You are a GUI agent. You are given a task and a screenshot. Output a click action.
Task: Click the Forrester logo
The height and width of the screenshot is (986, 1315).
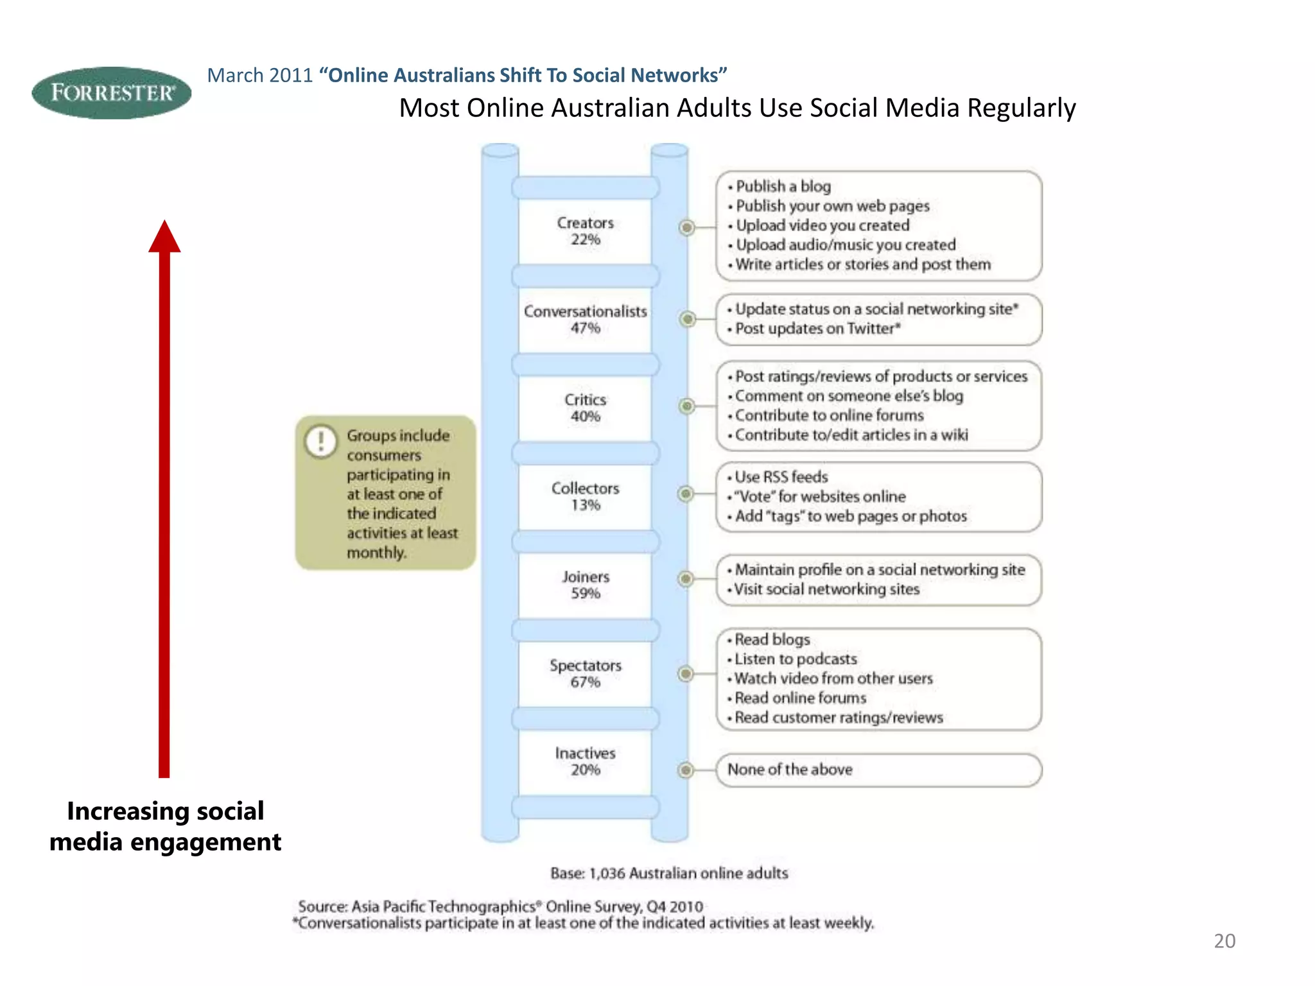(x=111, y=93)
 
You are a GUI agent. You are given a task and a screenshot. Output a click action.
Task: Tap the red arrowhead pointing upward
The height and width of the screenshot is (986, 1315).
(x=164, y=238)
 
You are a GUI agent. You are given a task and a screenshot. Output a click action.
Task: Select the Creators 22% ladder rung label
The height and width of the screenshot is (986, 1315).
(x=585, y=231)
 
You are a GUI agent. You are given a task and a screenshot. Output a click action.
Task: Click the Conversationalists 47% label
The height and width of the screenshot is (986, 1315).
(x=585, y=320)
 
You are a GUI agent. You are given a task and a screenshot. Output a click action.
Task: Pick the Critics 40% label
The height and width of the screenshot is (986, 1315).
(x=585, y=408)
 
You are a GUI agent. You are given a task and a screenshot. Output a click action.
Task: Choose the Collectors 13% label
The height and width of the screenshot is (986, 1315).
(x=585, y=497)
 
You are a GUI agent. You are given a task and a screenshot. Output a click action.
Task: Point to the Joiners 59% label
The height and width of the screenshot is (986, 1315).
(x=585, y=585)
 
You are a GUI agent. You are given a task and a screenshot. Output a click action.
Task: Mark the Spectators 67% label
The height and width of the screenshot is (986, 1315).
(x=585, y=673)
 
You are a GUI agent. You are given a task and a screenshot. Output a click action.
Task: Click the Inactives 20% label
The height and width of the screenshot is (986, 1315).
(x=585, y=761)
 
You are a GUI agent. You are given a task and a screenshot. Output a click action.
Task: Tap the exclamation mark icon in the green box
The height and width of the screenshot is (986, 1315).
(x=320, y=442)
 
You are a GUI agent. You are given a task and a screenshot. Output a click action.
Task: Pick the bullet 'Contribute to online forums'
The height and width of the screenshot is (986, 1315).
(x=828, y=415)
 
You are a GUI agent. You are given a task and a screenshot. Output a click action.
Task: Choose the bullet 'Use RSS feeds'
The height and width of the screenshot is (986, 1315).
(x=781, y=477)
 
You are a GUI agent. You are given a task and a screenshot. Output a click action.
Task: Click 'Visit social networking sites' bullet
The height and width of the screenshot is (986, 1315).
(x=826, y=589)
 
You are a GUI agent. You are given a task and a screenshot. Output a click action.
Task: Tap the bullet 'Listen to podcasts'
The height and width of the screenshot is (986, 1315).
(x=795, y=659)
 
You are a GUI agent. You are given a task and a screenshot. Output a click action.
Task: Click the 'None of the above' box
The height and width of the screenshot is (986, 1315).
(x=878, y=770)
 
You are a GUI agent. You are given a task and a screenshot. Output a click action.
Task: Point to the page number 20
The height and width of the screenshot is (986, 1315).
(x=1224, y=941)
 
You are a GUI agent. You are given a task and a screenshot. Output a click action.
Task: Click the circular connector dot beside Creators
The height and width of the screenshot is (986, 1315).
(x=687, y=227)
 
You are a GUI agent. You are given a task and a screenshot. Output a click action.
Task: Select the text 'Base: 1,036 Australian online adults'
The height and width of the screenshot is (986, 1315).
(x=669, y=874)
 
